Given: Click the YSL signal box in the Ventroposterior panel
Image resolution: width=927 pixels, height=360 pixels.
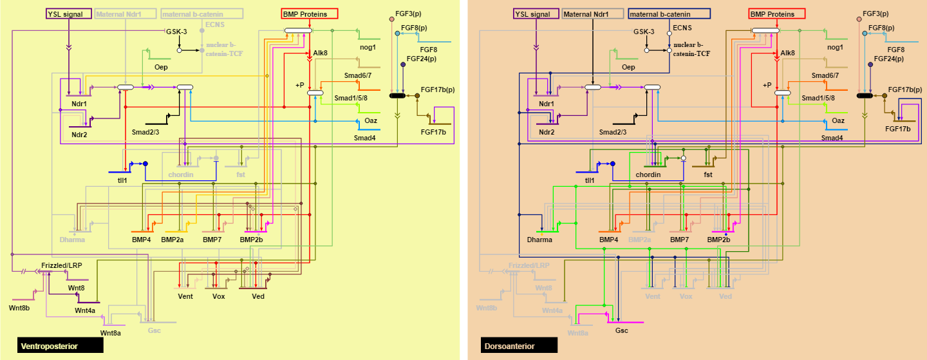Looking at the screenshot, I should pos(68,14).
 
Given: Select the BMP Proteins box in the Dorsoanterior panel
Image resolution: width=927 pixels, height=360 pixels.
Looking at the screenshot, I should pos(777,14).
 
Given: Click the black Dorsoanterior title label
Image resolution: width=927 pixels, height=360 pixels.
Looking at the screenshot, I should pos(518,346).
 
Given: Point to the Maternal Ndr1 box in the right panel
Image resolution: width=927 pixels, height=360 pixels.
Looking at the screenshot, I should pos(592,14).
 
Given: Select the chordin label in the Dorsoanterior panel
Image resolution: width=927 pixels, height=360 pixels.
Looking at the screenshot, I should pos(648,175).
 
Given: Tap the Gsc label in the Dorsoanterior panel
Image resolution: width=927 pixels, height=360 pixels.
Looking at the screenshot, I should pos(621,330).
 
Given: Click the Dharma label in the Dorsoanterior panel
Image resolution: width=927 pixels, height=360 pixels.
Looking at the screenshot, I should pos(539,240).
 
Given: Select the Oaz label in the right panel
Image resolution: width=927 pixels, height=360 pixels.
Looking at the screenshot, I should pos(838,120).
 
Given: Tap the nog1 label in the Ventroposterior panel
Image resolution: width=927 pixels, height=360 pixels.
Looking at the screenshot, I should pos(368,48).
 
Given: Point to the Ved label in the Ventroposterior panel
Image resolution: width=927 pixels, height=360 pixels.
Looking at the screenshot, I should pos(258,296).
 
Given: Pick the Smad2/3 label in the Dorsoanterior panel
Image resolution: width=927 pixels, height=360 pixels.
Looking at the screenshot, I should pos(612,132).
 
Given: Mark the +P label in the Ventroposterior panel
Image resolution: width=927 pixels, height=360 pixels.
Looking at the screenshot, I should pos(299,84).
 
